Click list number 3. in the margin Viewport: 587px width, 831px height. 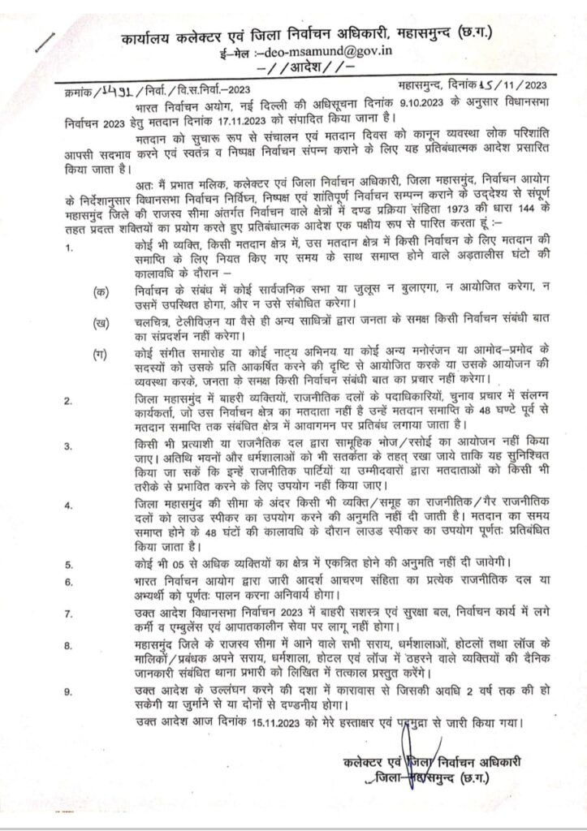[x=69, y=446]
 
